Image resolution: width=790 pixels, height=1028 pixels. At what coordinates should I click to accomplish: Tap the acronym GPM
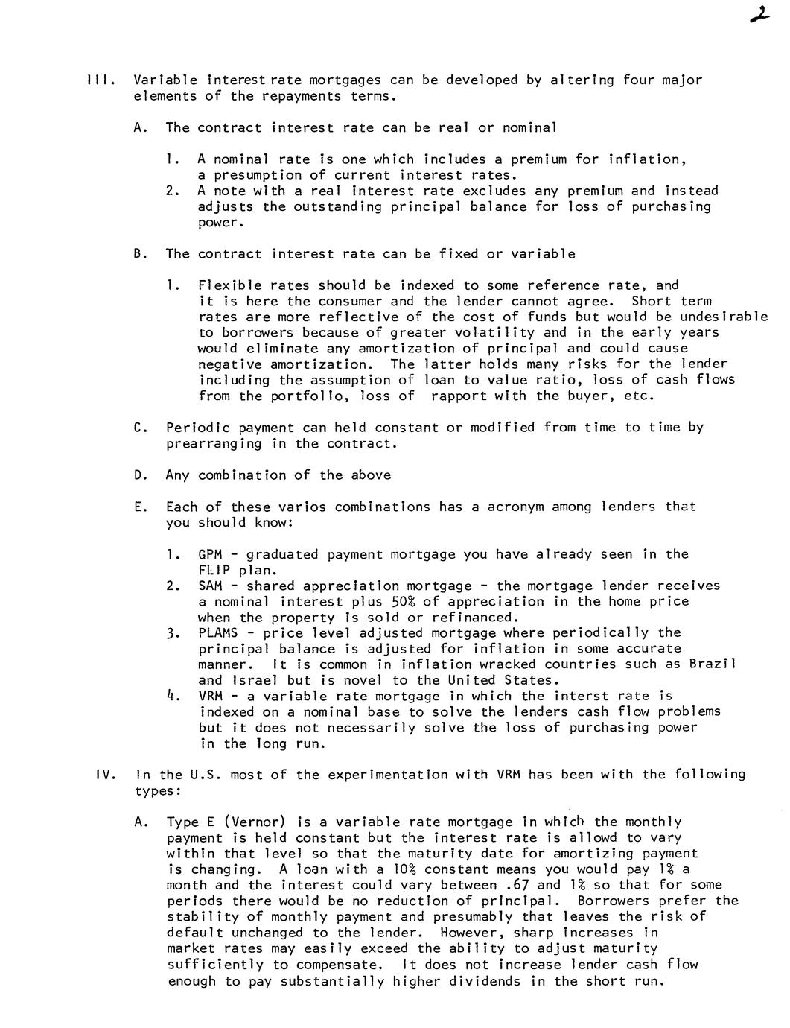coord(210,554)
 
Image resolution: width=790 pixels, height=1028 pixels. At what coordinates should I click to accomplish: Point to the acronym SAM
coord(210,586)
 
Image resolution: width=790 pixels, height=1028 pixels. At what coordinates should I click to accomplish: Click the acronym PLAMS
coord(218,633)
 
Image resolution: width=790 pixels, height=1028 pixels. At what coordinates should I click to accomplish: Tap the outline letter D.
coord(139,475)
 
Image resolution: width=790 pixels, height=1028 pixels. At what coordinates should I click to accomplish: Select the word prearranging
coord(214,444)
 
